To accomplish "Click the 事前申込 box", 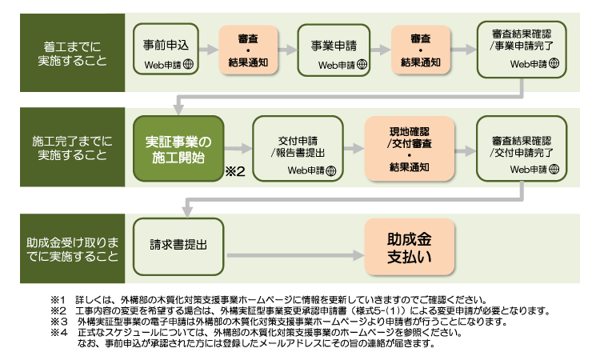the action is coord(166,49).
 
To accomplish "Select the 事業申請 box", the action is coord(334,50).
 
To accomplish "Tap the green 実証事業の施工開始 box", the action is coord(178,149).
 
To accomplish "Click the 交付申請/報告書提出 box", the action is coord(298,149).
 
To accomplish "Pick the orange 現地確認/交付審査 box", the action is coord(410,149).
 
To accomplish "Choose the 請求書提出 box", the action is coord(178,246).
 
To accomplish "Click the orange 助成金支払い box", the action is coord(410,246).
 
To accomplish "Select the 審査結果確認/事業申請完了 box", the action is coord(522,50).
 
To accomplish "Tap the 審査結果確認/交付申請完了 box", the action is coord(522,149).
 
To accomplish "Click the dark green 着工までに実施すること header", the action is coord(72,53).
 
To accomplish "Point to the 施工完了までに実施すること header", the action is coord(72,147).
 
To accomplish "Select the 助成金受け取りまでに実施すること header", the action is coord(72,249).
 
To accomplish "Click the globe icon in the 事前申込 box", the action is coord(188,64).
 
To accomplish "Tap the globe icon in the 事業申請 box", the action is coord(362,65).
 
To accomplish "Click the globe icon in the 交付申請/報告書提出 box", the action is coord(331,170).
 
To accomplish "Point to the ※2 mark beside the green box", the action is coord(235,171).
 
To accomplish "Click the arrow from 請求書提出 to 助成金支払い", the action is coord(295,255).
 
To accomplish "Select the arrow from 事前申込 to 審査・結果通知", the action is coord(209,50).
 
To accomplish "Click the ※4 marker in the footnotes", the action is coord(58,332).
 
